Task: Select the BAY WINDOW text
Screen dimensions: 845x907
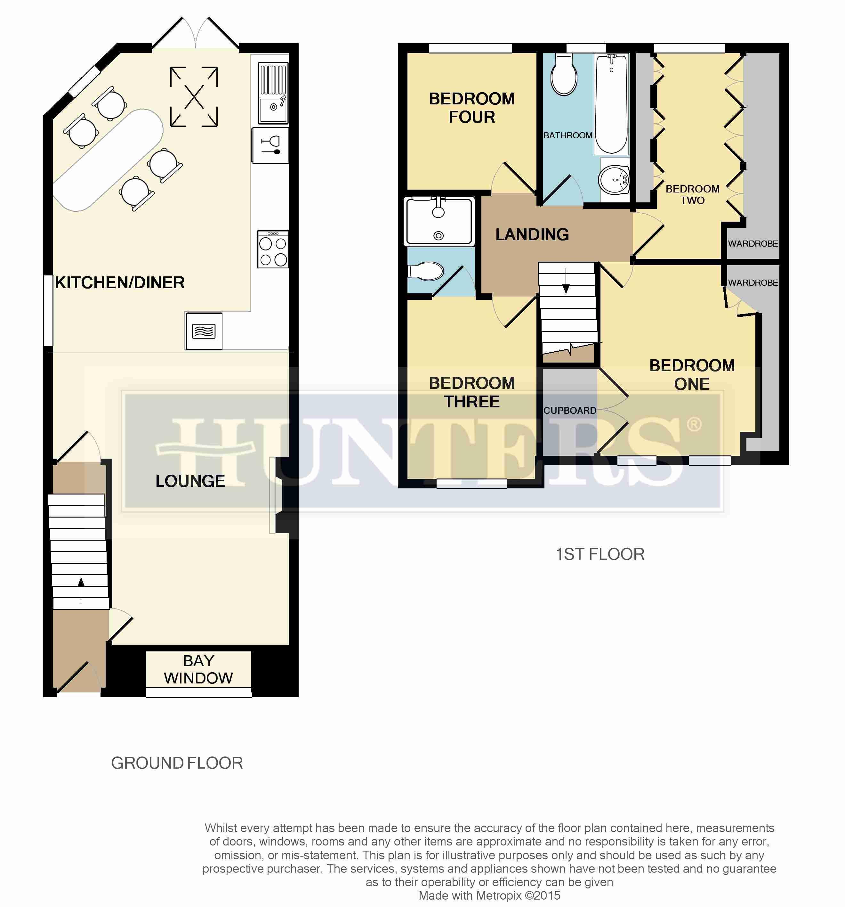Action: [198, 669]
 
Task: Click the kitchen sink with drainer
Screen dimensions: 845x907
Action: [273, 94]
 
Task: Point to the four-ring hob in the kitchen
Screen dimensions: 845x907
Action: [273, 249]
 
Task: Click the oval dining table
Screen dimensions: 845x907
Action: [108, 160]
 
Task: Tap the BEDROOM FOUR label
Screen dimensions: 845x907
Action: [472, 108]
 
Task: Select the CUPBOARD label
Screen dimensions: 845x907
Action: [569, 411]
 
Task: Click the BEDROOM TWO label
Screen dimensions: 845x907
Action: [693, 194]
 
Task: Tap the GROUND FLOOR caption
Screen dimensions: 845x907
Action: [177, 763]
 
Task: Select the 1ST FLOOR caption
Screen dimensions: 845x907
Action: [600, 554]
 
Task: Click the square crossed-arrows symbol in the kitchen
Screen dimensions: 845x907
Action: [194, 96]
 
